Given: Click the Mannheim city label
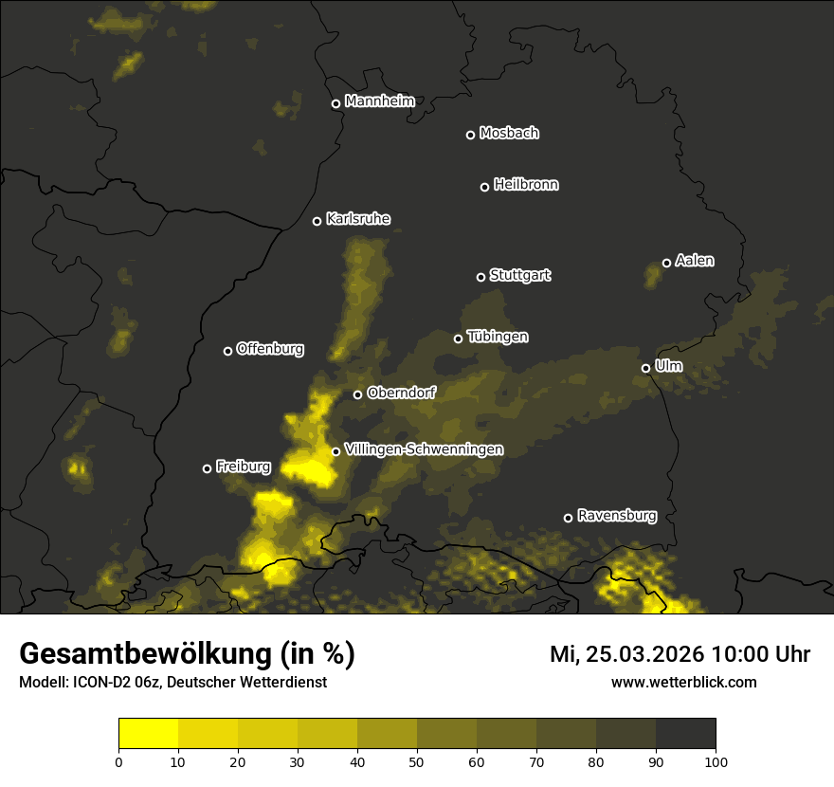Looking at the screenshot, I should pyautogui.click(x=379, y=101).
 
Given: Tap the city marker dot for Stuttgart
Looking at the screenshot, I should pyautogui.click(x=480, y=277).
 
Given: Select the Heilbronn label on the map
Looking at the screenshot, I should pyautogui.click(x=526, y=185).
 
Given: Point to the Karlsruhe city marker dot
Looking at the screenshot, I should pyautogui.click(x=317, y=221).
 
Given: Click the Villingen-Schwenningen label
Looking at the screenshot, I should pyautogui.click(x=424, y=449).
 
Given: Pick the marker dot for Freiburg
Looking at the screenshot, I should pyautogui.click(x=207, y=468).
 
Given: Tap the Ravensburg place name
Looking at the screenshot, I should pyautogui.click(x=616, y=516).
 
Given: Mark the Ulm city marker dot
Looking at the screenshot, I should pyautogui.click(x=645, y=368).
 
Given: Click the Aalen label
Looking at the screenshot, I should pyautogui.click(x=695, y=261).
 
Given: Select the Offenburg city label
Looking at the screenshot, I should pyautogui.click(x=270, y=349).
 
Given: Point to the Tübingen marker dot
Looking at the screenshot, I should pyautogui.click(x=458, y=339).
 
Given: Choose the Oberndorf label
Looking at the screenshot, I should pyautogui.click(x=401, y=393).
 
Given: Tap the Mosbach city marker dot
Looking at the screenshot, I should pyautogui.click(x=470, y=135).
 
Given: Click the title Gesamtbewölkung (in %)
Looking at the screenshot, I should pyautogui.click(x=187, y=653).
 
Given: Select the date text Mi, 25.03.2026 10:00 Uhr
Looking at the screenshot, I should pyautogui.click(x=680, y=654).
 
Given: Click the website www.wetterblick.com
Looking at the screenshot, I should pyautogui.click(x=683, y=682).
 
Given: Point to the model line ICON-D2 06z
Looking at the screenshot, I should pyautogui.click(x=172, y=683).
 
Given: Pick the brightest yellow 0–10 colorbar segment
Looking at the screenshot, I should pyautogui.click(x=148, y=733).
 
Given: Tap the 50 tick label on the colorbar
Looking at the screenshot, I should pyautogui.click(x=417, y=760).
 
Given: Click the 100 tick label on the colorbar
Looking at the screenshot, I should pyautogui.click(x=715, y=760).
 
